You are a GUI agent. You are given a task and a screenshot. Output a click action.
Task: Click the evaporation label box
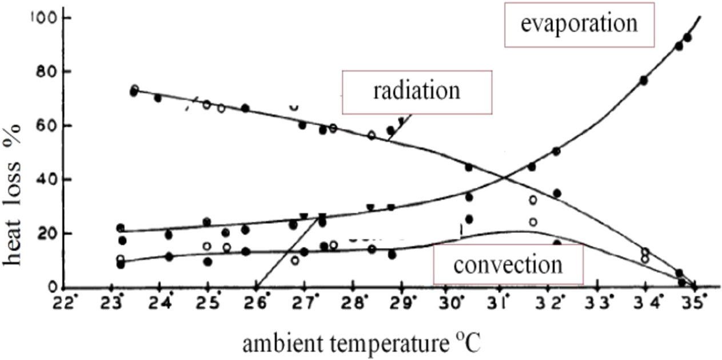coord(579,25)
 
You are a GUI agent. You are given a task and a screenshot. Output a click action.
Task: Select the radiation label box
coord(416,91)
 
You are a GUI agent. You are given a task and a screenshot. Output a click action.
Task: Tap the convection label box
coord(508,264)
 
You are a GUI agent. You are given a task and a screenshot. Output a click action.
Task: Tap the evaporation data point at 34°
coord(644,81)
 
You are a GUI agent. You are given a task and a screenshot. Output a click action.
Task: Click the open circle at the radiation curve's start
coord(135,89)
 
